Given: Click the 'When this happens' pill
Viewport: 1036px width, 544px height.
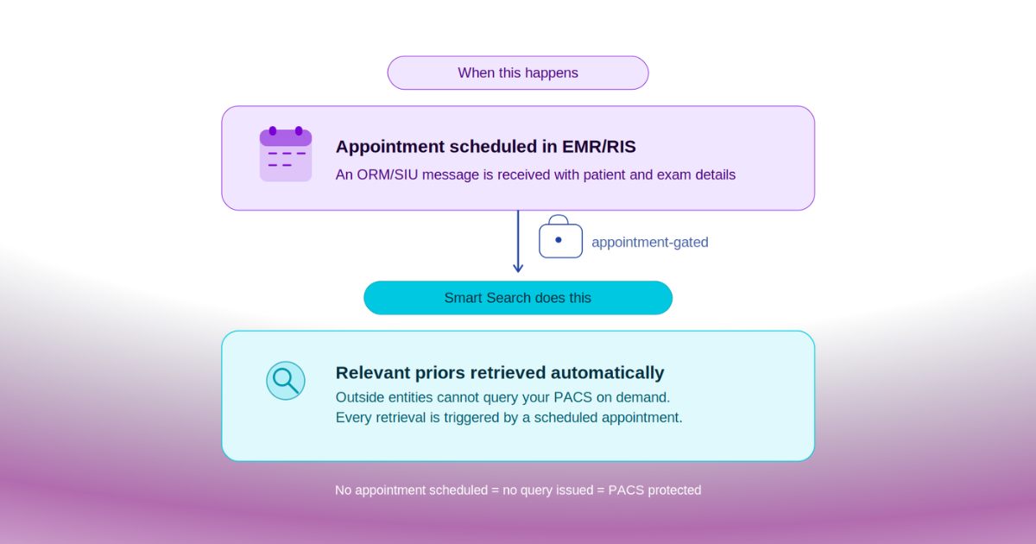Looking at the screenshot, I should point(518,73).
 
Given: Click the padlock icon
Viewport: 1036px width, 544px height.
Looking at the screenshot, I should point(560,237).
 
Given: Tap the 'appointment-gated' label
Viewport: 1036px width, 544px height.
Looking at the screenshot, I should point(649,243).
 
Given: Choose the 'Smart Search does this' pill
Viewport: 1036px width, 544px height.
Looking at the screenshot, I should point(518,298).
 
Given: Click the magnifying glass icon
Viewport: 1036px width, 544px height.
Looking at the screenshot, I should point(285,380).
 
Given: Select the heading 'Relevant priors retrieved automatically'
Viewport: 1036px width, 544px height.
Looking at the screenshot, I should point(500,373).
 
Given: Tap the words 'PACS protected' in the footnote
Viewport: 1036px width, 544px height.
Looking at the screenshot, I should point(654,490).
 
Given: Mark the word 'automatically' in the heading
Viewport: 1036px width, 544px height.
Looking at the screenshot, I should point(608,373).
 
